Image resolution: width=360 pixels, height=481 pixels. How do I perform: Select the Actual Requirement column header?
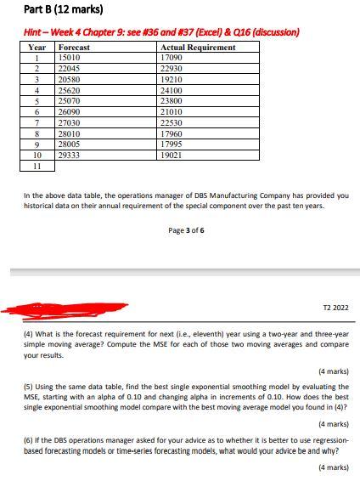click(x=198, y=48)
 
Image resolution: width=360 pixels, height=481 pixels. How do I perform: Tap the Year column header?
click(x=37, y=48)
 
